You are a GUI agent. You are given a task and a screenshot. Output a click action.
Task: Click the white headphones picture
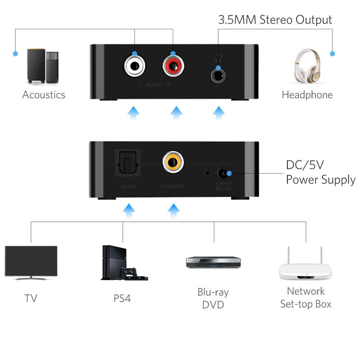point(307,65)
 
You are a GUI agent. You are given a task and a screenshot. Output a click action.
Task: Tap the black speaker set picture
point(43,66)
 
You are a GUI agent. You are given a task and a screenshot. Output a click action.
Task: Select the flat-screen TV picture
point(31,263)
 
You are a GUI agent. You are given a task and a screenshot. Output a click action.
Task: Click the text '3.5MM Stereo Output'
point(275,20)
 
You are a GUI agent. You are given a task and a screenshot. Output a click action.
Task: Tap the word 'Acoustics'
point(44,94)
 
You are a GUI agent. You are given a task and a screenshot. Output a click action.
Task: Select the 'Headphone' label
point(307,94)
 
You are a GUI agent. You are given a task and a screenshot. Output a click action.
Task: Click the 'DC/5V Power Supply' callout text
point(320,172)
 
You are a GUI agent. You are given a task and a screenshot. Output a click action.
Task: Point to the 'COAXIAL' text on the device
point(172,186)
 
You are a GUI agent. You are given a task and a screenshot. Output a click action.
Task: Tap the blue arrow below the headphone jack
point(219,112)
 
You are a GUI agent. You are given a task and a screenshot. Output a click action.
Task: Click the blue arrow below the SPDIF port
point(129,209)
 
